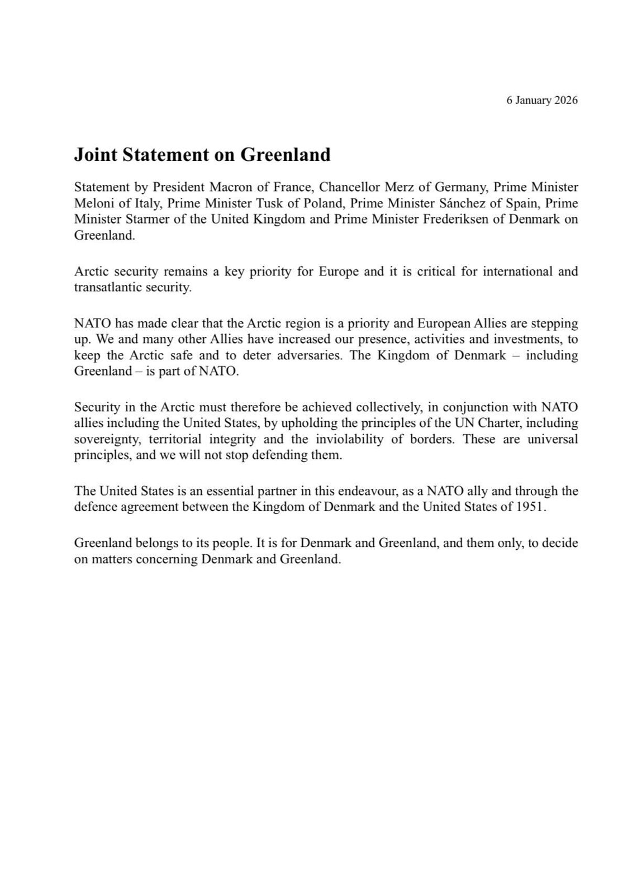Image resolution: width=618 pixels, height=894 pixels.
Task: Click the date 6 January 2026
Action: pyautogui.click(x=541, y=101)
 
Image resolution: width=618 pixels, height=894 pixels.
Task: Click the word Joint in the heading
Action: pyautogui.click(x=96, y=154)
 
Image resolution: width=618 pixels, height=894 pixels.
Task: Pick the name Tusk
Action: pyautogui.click(x=269, y=203)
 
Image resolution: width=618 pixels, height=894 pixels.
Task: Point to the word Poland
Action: pyautogui.click(x=324, y=203)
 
